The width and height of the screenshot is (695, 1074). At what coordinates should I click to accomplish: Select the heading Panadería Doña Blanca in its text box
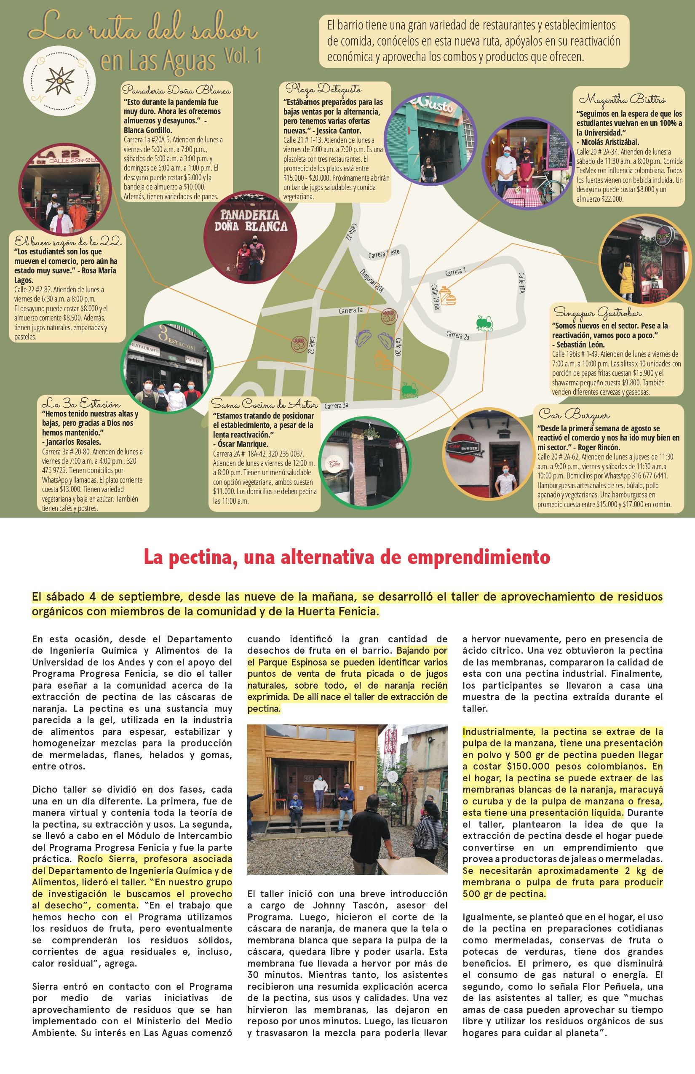click(176, 90)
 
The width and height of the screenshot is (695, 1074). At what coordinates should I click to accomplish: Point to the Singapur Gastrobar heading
click(598, 312)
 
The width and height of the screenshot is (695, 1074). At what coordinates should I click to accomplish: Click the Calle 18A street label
click(521, 283)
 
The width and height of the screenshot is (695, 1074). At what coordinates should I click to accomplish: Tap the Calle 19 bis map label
click(436, 297)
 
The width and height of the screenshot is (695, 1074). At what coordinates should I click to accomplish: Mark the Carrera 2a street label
click(457, 335)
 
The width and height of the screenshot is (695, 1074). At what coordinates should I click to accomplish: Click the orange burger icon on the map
click(448, 296)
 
